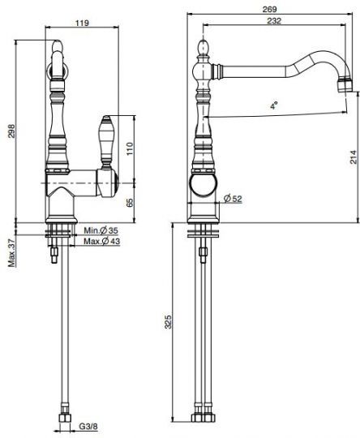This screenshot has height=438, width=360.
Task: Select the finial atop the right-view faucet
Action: tap(203, 48)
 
